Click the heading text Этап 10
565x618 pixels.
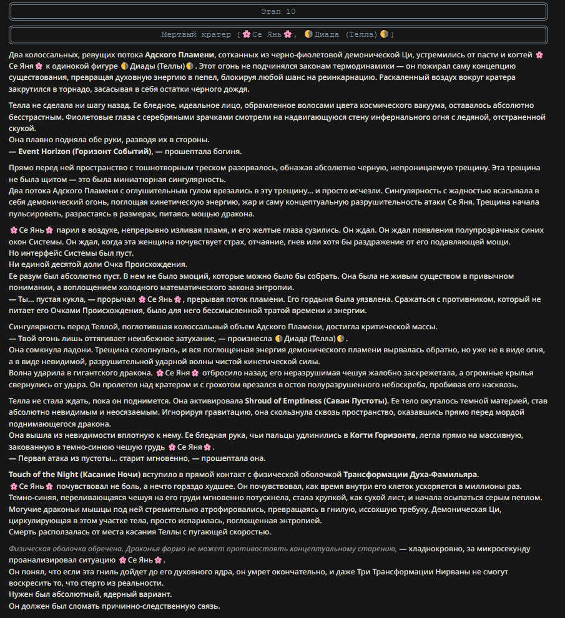click(278, 11)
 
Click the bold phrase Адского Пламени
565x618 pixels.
click(180, 54)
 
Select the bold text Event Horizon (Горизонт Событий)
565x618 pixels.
click(85, 151)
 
